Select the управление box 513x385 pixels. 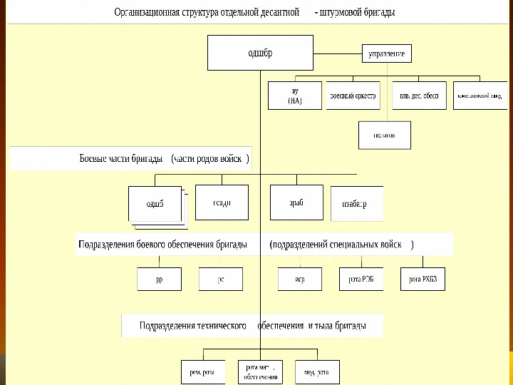click(x=387, y=54)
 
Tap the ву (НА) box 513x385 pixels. click(x=295, y=96)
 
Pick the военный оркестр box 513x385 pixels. click(x=353, y=96)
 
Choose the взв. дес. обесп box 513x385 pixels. click(x=419, y=96)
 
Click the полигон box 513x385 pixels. click(x=384, y=135)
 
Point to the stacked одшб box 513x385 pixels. click(x=155, y=204)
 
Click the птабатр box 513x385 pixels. click(x=356, y=204)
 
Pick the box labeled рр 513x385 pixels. click(x=159, y=279)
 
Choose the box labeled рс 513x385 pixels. click(x=221, y=279)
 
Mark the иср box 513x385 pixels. click(x=300, y=279)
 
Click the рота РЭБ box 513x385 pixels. click(x=361, y=279)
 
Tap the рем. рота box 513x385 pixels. click(x=202, y=371)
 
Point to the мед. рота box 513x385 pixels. click(x=317, y=371)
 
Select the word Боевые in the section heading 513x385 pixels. click(x=95, y=158)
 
